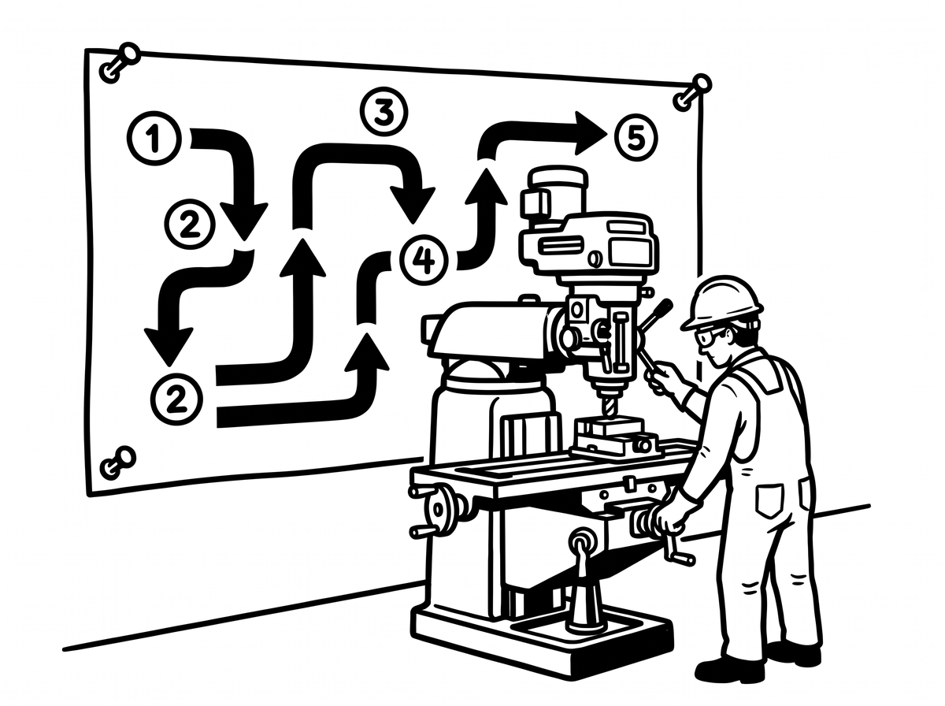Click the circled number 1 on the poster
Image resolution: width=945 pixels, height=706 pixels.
154,139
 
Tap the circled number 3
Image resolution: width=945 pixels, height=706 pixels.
384,112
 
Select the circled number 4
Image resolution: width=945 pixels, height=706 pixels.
424,260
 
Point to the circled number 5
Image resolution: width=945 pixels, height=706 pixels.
636,138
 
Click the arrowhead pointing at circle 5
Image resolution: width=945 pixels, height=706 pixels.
591,133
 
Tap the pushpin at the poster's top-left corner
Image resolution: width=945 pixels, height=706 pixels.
120,62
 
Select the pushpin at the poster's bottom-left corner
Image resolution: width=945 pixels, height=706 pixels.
117,463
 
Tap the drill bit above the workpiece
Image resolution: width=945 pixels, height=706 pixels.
607,407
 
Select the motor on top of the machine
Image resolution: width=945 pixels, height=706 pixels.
554,196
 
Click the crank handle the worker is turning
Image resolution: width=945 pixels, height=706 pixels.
676,548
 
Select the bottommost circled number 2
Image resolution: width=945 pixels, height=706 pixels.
176,399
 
